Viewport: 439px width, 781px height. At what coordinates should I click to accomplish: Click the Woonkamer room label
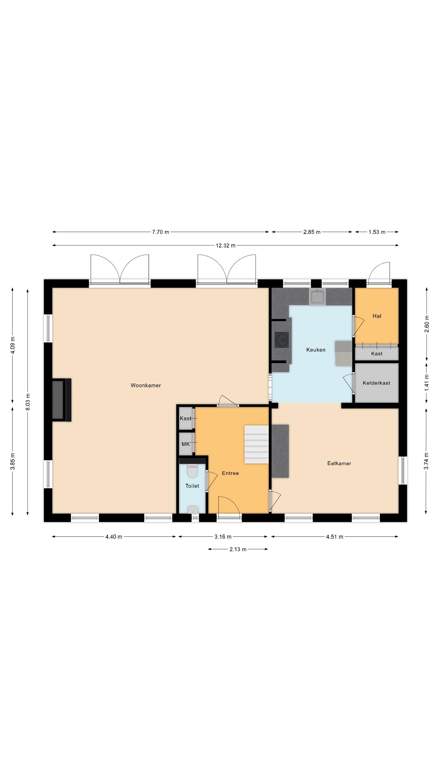point(146,385)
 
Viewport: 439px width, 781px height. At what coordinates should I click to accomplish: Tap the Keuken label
point(316,350)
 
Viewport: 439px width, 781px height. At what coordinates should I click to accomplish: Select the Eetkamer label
point(339,463)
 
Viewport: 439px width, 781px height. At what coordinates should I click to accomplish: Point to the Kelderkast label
point(377,383)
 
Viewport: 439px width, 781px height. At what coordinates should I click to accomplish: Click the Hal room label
point(377,316)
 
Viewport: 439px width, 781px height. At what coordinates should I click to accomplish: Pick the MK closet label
point(186,444)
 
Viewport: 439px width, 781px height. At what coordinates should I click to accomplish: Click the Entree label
point(230,473)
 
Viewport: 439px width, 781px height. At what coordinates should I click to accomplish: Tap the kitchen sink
point(317,297)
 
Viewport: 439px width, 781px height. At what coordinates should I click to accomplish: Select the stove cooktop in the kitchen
point(282,340)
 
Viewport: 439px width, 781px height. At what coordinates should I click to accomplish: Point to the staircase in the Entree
point(256,444)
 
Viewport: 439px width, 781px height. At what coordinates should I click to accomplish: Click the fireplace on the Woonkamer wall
point(62,400)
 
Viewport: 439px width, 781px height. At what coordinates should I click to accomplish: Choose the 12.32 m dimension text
point(226,245)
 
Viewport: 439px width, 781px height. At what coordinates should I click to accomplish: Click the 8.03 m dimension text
point(27,402)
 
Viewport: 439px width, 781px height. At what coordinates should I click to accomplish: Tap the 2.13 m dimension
point(238,549)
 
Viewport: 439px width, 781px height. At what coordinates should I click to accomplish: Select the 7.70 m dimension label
point(160,232)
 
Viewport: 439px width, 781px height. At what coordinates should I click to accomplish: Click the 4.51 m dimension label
point(334,537)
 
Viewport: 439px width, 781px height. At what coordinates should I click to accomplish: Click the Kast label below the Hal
point(377,354)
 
